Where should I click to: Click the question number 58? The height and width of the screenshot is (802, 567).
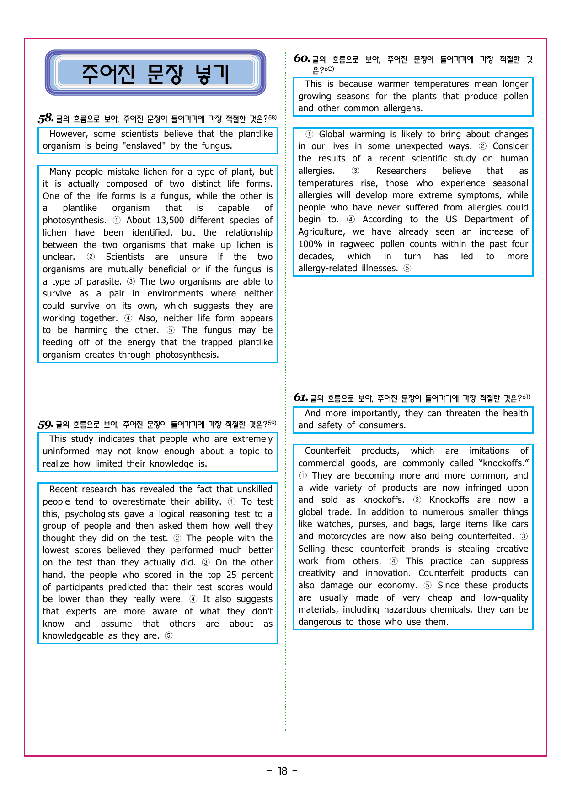point(46,118)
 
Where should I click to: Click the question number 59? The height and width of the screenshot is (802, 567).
point(46,425)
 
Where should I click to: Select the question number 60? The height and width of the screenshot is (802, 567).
point(302,59)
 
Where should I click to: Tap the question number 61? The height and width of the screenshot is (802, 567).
point(300,398)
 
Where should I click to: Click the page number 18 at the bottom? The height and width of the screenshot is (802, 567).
point(283,771)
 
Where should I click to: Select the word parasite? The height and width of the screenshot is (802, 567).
point(104,282)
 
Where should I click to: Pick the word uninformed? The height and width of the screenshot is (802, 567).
point(66,452)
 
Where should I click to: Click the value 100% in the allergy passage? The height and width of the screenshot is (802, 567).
point(310,244)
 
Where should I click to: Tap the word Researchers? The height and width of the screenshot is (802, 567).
point(401,171)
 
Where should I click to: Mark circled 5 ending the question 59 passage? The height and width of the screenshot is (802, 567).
point(169,636)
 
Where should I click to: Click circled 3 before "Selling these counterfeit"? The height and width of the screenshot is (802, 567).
point(524,537)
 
